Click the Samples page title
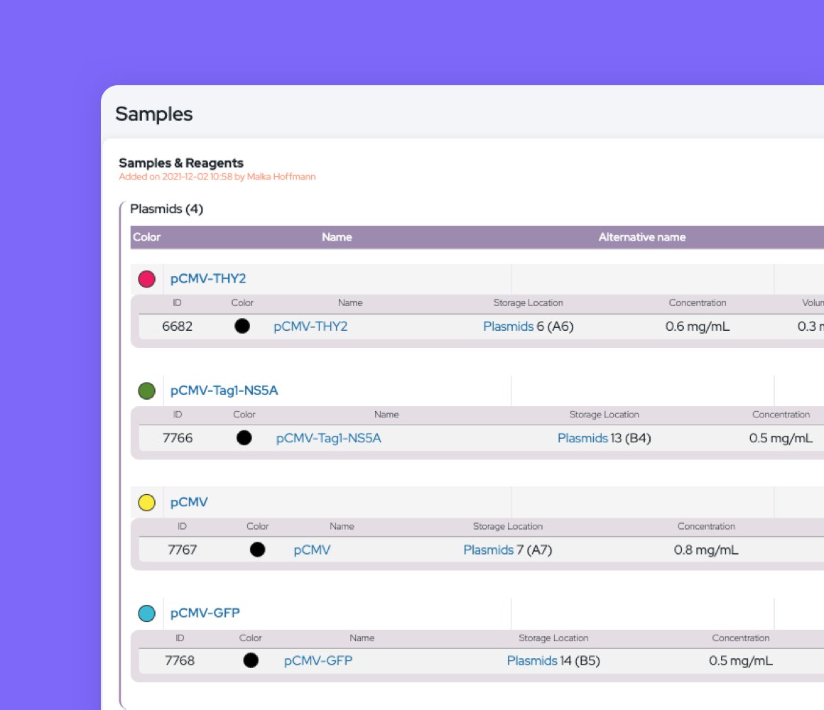coord(153,114)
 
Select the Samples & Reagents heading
coord(180,163)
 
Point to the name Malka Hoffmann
coord(281,177)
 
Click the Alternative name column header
coord(641,237)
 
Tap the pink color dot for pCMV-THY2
coord(146,279)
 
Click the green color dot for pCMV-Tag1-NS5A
coord(146,390)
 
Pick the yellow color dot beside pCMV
coord(146,503)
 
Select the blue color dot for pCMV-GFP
coord(146,613)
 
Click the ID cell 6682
coord(177,327)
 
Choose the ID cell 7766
coord(178,438)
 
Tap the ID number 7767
coord(182,550)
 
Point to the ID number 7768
coord(180,661)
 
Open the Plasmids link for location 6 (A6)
coord(508,327)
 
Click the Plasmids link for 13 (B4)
coord(582,438)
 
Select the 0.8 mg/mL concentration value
coord(706,550)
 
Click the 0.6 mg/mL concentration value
coord(698,327)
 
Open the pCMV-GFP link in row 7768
coord(318,661)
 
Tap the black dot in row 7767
coord(258,550)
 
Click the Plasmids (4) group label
coord(167,209)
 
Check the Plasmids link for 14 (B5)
coord(531,661)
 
